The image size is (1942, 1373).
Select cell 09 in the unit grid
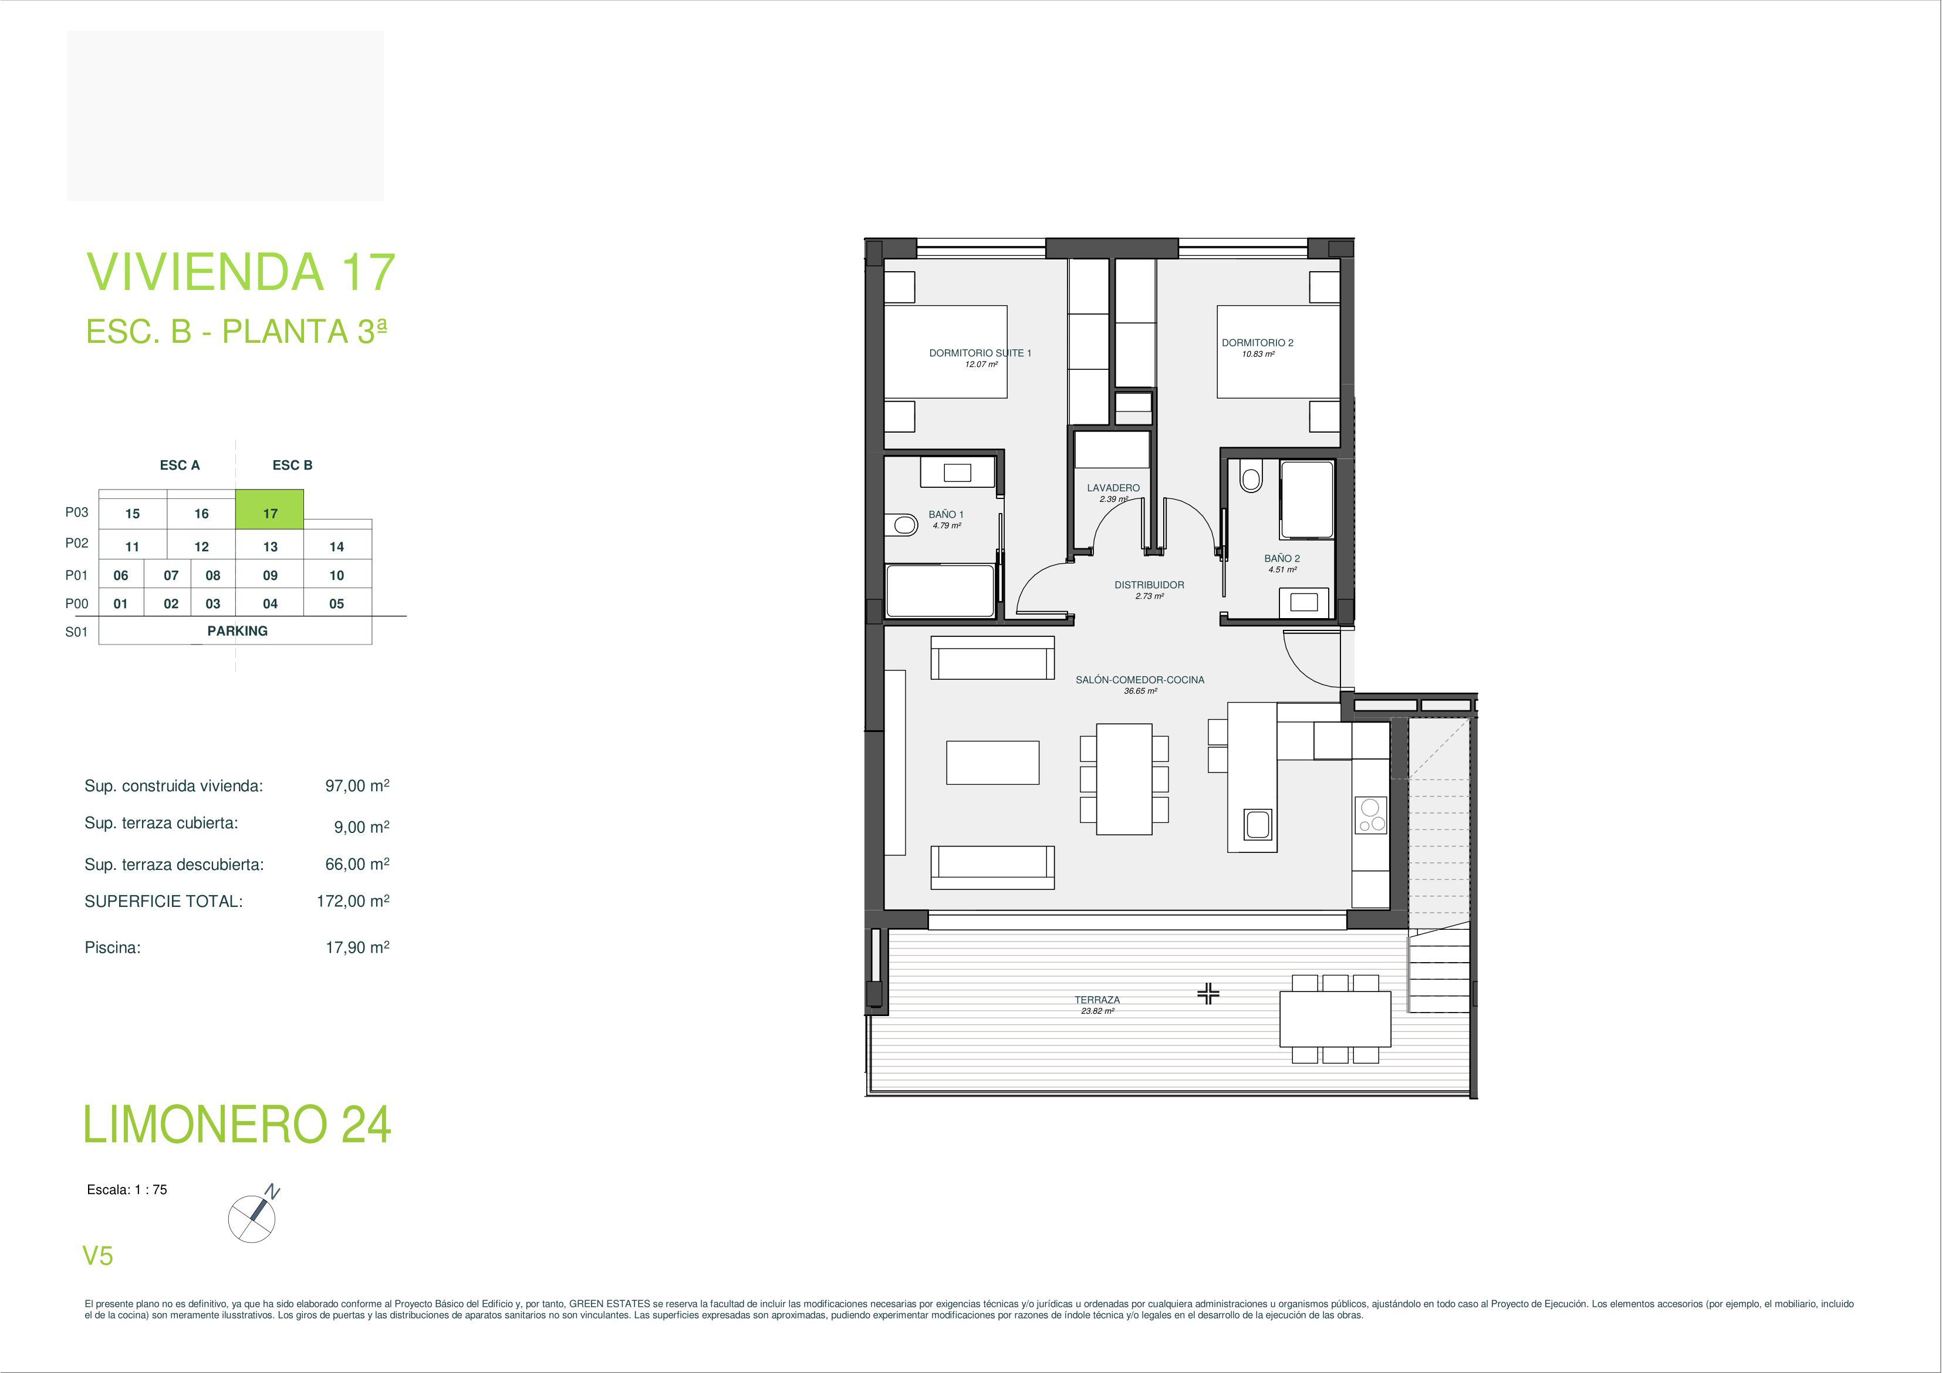click(x=270, y=575)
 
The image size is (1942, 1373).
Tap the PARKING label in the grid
click(x=237, y=631)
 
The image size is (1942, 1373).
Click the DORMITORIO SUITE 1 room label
click(x=980, y=353)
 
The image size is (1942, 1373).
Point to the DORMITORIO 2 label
click(x=1257, y=343)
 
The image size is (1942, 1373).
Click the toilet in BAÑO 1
click(x=904, y=525)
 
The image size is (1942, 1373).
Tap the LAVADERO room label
click(x=1113, y=488)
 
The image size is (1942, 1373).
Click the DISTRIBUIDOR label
click(x=1149, y=585)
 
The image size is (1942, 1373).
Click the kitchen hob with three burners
click(x=1370, y=815)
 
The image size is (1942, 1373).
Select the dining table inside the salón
click(x=1124, y=779)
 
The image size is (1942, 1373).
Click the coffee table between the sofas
click(x=992, y=762)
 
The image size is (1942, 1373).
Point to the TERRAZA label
click(x=1097, y=1000)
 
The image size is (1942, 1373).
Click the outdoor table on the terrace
click(x=1335, y=1020)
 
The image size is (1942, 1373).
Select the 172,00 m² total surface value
click(x=353, y=902)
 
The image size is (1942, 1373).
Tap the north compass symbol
click(x=252, y=1218)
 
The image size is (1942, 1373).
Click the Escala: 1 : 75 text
click(x=127, y=1189)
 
